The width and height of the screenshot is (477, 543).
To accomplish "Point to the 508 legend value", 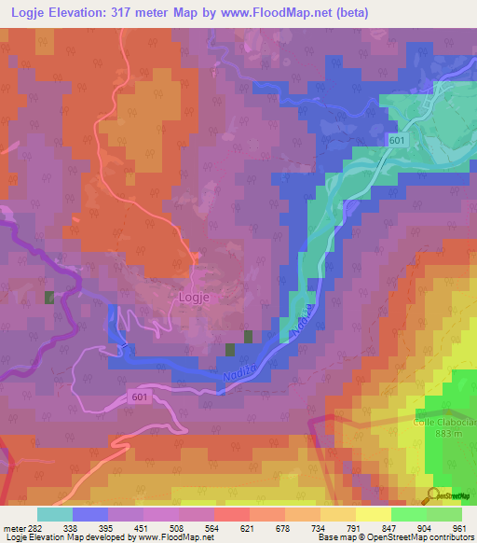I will (x=174, y=528).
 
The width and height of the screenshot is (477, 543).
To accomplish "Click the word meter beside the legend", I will (x=11, y=528).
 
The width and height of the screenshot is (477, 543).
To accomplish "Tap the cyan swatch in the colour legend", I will (x=55, y=514).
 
